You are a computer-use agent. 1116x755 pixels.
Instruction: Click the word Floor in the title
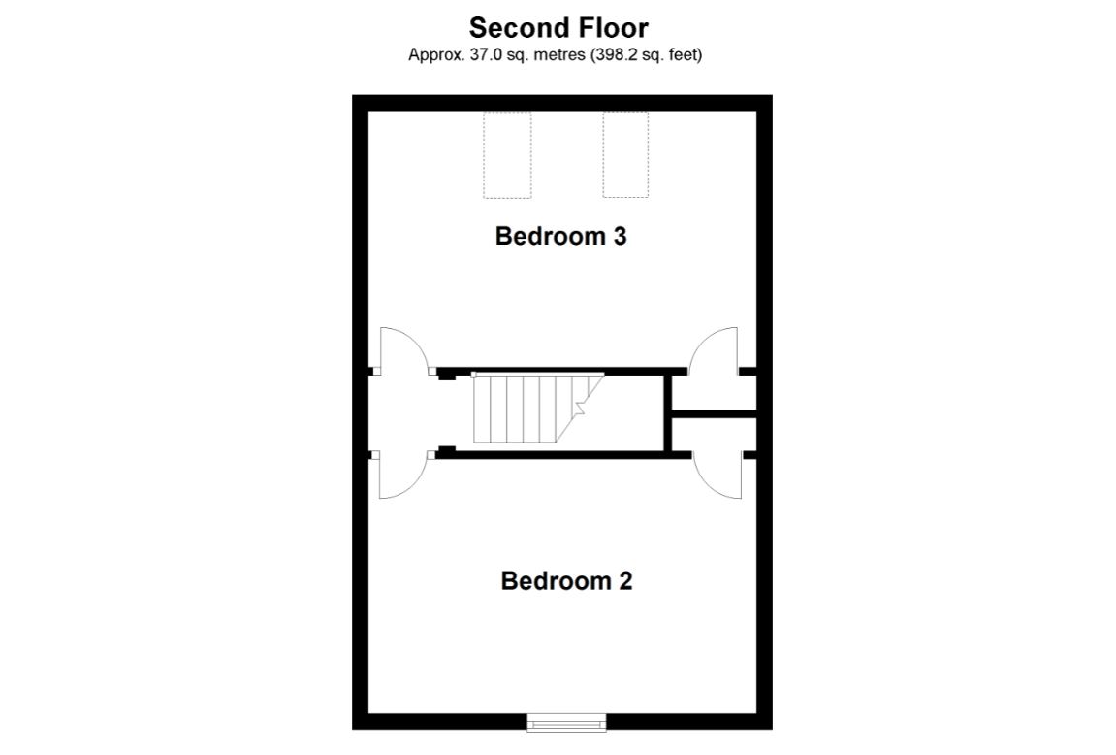coord(609,27)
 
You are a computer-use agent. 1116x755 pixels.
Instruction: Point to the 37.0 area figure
coord(474,55)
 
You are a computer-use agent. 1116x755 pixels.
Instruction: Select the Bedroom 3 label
coord(560,236)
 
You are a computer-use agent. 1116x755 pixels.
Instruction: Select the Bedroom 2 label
coord(566,581)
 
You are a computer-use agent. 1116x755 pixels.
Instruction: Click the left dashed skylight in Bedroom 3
coord(507,154)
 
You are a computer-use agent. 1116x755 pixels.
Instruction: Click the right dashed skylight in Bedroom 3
coord(625,154)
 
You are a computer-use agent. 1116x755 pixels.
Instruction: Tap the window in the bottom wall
coord(566,721)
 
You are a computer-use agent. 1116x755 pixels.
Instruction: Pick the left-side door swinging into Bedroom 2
coord(399,476)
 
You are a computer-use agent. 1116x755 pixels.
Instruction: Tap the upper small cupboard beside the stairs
coord(714,392)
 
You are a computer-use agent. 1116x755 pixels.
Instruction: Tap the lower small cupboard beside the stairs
coord(714,436)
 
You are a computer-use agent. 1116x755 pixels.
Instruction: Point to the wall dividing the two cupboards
coord(714,414)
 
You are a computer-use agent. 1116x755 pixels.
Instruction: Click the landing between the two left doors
coord(401,412)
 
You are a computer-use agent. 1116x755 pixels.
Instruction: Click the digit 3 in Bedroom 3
coord(620,236)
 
